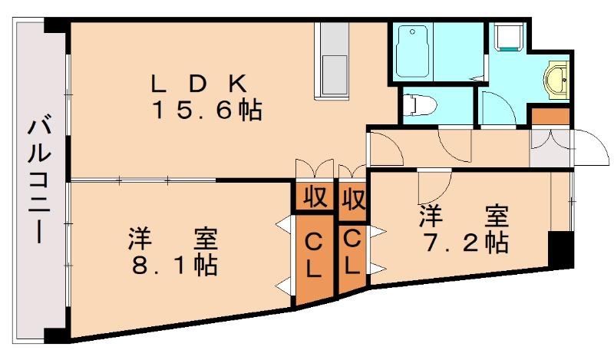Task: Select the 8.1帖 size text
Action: click(173, 266)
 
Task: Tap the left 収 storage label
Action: click(313, 198)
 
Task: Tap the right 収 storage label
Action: click(352, 199)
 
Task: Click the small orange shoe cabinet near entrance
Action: click(550, 117)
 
